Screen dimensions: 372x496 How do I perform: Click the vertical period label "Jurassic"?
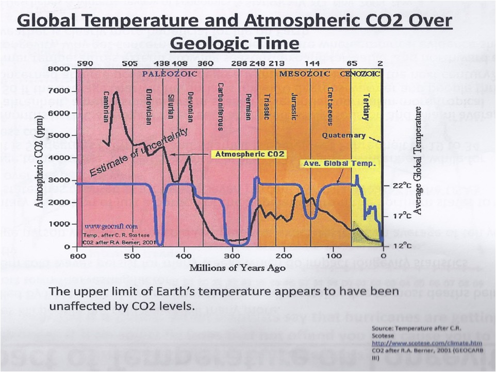(x=294, y=107)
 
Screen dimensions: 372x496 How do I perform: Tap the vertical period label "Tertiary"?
(x=365, y=107)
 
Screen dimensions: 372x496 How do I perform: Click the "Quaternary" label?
(x=344, y=136)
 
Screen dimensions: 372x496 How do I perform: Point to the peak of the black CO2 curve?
(x=116, y=92)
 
